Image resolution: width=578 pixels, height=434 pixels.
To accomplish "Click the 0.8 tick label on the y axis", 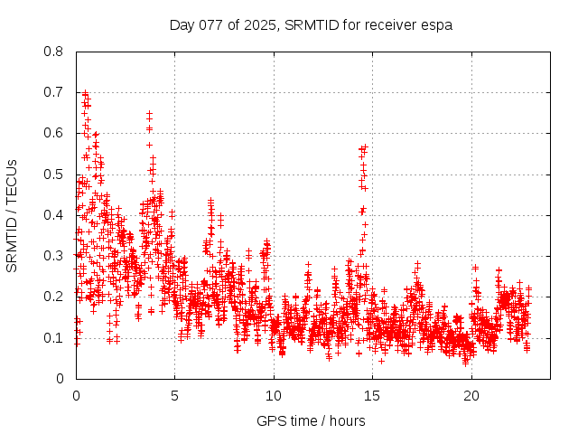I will pos(55,52).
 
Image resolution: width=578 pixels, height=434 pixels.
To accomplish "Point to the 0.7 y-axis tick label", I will pos(55,92).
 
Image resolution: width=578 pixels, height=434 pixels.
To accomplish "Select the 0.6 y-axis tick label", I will pos(55,133).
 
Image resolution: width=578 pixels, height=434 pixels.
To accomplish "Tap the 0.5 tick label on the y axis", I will pos(55,174).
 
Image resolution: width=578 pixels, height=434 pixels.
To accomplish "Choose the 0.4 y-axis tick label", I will pos(55,215).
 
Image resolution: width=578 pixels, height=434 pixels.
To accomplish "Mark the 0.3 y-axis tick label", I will pos(55,256).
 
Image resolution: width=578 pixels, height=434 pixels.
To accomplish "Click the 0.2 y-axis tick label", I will pos(55,297).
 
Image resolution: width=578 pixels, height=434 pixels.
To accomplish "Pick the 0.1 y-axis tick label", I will pos(55,337).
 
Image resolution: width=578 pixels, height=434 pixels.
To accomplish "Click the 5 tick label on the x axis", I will pos(175,396).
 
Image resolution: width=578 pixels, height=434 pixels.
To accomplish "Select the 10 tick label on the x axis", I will pos(274,396).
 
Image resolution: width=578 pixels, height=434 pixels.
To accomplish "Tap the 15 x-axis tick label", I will pos(373,396).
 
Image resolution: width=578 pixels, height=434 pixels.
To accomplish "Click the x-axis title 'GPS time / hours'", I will pos(311,420).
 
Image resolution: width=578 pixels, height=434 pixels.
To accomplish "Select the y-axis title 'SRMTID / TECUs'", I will pos(12,215).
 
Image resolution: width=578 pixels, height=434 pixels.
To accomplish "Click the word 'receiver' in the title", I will pos(392,24).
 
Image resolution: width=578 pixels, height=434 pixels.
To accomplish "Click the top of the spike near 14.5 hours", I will pos(364,146).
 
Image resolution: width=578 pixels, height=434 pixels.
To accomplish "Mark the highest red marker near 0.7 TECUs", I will pos(85,92).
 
